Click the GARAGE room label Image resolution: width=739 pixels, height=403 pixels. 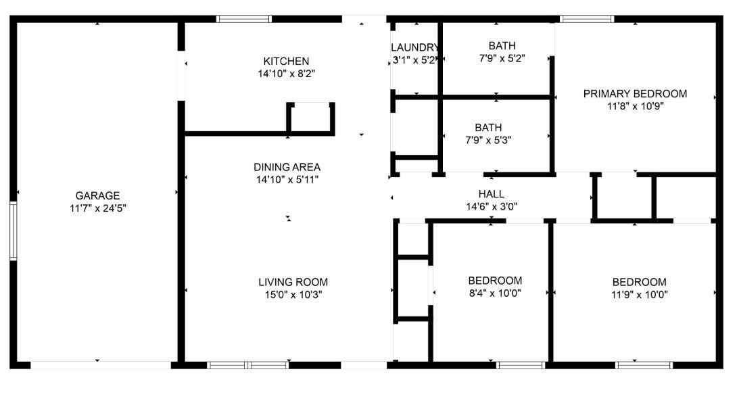coord(97,196)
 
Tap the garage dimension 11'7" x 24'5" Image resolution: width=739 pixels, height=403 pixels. coord(97,209)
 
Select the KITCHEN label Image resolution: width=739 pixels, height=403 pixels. coord(286,61)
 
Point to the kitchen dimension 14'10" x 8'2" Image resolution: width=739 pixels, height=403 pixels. coord(286,74)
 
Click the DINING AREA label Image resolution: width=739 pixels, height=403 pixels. coord(287,167)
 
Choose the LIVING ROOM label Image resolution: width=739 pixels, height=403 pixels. coord(293,282)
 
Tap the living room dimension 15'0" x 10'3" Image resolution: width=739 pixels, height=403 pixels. coord(293,294)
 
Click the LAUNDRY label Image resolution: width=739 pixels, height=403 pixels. coord(415,47)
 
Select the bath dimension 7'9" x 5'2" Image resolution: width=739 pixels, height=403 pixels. coord(502,59)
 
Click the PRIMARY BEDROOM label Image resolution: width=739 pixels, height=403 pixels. coord(635,94)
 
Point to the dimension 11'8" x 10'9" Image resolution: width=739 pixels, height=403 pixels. coord(635,106)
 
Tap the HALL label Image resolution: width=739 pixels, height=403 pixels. coord(492,194)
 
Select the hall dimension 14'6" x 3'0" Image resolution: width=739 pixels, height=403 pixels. coord(492,207)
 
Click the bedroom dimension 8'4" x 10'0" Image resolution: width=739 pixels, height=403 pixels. coord(495,293)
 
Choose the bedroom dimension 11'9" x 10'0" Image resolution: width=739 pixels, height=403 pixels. coord(639,294)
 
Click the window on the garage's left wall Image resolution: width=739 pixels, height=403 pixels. coord(13,231)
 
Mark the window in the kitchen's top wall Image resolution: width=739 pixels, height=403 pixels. coord(244,19)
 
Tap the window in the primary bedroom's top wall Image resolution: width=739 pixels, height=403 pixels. coord(588,19)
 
